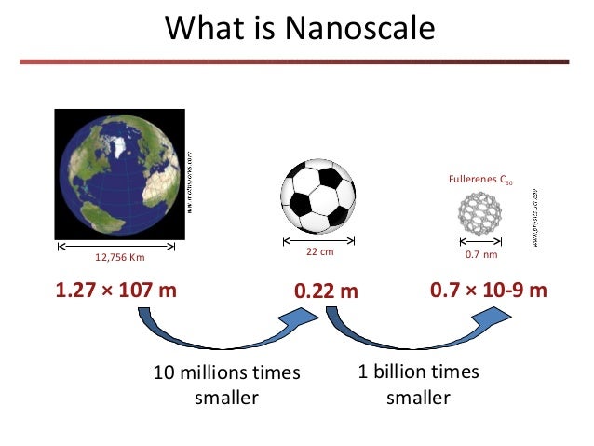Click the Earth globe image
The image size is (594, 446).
[x=116, y=173]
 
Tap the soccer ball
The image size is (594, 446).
[x=318, y=196]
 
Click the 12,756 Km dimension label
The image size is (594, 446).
[x=115, y=258]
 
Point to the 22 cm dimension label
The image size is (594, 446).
[x=318, y=252]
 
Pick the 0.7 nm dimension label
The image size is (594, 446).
[x=478, y=252]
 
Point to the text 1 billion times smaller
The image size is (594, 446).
[x=418, y=385]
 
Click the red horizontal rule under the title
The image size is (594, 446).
[x=297, y=62]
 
